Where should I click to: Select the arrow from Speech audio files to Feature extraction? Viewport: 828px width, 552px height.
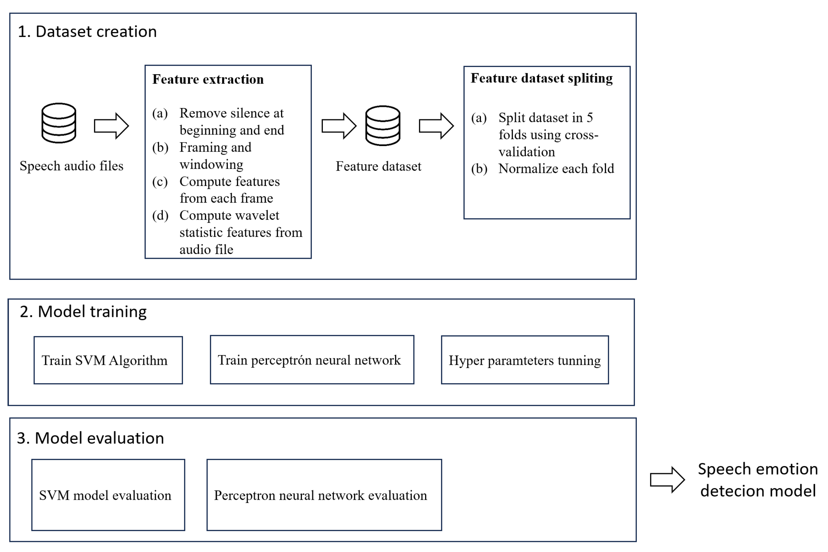pyautogui.click(x=111, y=126)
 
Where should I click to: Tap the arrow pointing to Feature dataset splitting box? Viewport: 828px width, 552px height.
pyautogui.click(x=436, y=126)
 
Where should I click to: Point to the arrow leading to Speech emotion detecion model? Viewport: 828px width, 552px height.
pyautogui.click(x=667, y=479)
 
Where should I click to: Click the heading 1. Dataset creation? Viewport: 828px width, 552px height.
pyautogui.click(x=87, y=32)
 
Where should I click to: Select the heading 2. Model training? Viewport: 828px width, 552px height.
pyautogui.click(x=83, y=311)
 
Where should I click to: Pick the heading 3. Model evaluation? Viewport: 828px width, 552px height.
pyautogui.click(x=91, y=438)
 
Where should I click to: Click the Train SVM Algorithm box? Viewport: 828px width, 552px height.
pyautogui.click(x=108, y=360)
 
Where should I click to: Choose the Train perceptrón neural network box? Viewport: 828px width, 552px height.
pyautogui.click(x=312, y=360)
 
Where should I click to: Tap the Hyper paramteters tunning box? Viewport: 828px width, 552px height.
pyautogui.click(x=525, y=360)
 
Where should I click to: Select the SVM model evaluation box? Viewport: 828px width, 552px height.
pyautogui.click(x=108, y=495)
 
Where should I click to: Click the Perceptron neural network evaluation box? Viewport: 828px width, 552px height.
pyautogui.click(x=324, y=495)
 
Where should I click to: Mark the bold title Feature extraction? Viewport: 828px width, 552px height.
pyautogui.click(x=207, y=79)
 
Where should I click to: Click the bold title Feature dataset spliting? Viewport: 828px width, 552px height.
pyautogui.click(x=541, y=78)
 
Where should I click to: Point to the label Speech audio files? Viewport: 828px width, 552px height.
pyautogui.click(x=72, y=166)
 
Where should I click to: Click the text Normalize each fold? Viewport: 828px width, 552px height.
pyautogui.click(x=556, y=169)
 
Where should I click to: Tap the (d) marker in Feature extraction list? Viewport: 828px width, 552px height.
pyautogui.click(x=160, y=215)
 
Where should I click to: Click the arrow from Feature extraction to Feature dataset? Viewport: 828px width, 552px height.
pyautogui.click(x=339, y=126)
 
